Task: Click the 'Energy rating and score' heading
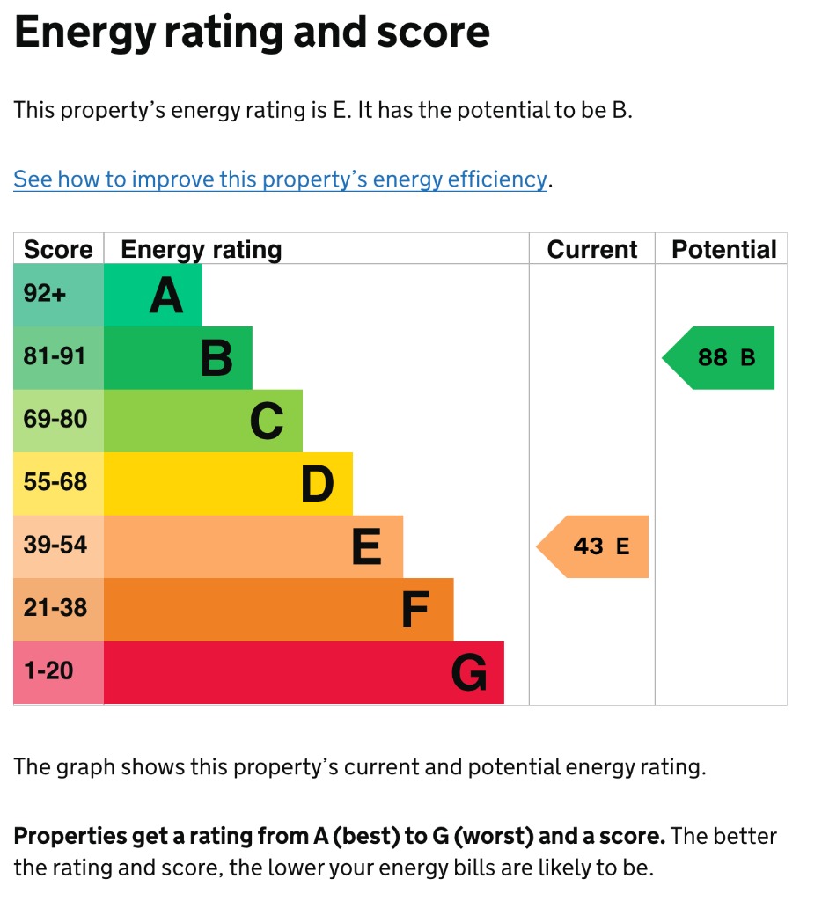[252, 33]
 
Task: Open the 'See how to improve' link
[280, 179]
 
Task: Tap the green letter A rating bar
[153, 295]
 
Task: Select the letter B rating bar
[179, 358]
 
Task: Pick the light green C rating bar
[203, 421]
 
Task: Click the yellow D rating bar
[229, 483]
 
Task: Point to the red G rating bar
[304, 672]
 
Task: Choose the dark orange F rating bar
[279, 609]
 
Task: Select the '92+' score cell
[58, 295]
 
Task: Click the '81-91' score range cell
[58, 358]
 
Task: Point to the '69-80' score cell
[58, 421]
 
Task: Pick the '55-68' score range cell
[58, 483]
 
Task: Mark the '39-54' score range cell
[58, 546]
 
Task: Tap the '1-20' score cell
[58, 672]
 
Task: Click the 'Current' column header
[591, 250]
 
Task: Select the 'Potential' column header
[723, 250]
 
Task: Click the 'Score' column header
[58, 250]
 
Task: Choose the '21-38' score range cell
[58, 609]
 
